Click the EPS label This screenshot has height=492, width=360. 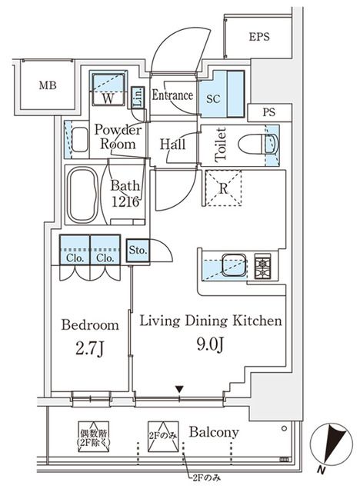point(259,37)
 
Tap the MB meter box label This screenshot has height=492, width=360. point(48,85)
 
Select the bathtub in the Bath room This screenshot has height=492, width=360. point(83,194)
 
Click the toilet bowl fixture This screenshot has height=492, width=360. point(258,145)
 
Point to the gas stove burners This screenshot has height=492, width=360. point(262,266)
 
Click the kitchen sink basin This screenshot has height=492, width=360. point(234,265)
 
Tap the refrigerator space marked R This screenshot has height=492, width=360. point(223,188)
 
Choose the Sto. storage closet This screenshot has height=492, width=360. point(138,251)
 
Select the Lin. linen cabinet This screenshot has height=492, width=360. point(138,98)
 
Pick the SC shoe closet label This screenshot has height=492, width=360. point(213,99)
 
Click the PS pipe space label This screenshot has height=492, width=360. point(269,112)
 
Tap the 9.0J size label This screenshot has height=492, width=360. point(210,345)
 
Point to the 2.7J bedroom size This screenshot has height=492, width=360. point(90,348)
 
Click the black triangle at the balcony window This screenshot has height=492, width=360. point(179,390)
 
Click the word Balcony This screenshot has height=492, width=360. point(214,433)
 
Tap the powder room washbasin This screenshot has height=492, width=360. point(80,140)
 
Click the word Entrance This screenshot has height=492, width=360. point(172,95)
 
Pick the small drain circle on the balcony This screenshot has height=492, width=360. point(284,428)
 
